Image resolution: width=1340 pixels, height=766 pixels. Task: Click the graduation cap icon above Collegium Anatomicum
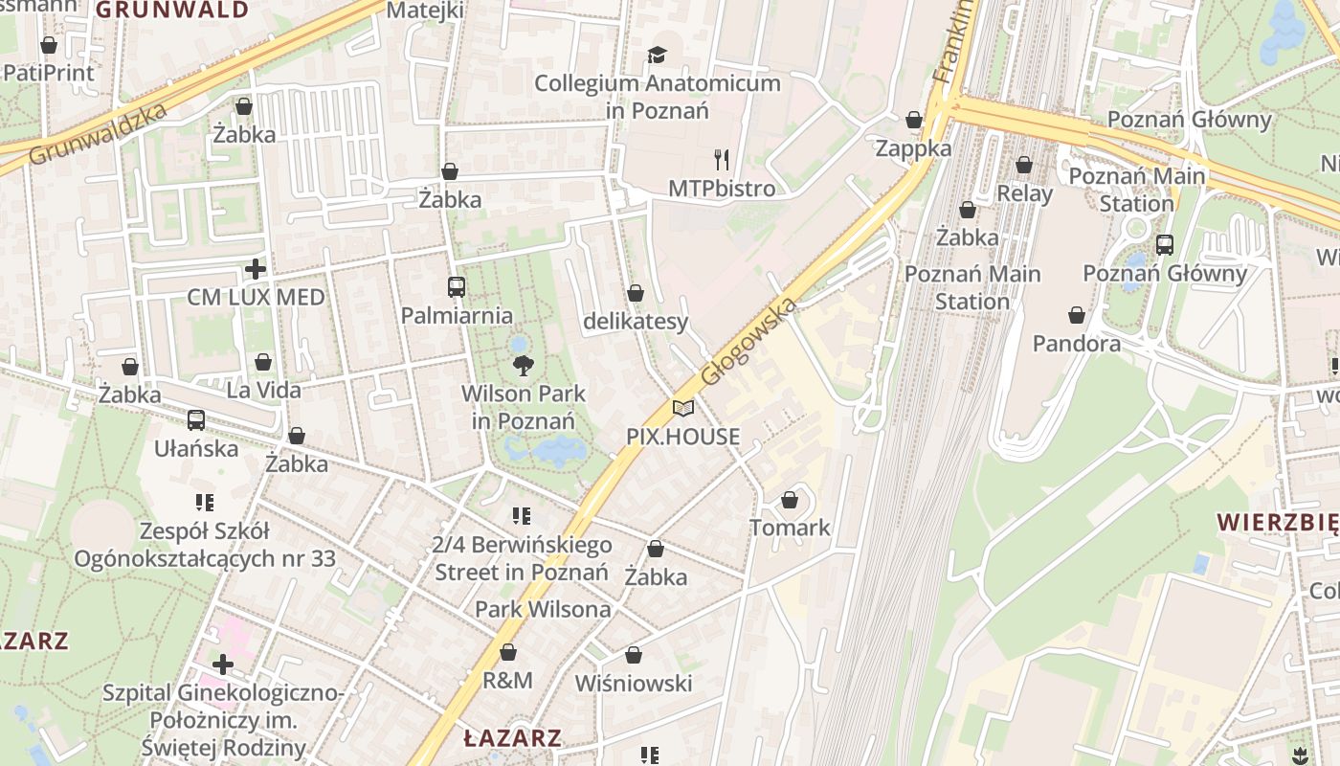657,55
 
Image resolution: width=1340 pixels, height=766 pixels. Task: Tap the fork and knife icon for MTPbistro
722,159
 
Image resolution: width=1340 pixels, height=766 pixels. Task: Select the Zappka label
913,148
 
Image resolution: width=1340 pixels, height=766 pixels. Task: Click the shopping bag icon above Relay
1024,165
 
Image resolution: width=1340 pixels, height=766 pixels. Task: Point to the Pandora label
1076,343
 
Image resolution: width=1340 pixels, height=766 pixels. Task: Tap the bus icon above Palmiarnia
456,286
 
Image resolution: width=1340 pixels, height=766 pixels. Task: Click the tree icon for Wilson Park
523,365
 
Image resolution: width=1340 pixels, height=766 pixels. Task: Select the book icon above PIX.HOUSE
682,409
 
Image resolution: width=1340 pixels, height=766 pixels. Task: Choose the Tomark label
790,528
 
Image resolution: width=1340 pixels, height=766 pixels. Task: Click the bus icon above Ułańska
196,419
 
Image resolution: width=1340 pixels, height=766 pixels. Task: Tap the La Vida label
263,390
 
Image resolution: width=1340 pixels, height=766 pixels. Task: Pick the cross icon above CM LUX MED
255,269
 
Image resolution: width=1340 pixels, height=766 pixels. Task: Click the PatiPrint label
49,73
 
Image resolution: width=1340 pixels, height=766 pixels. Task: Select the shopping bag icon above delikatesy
636,293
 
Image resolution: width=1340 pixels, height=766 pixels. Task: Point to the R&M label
507,681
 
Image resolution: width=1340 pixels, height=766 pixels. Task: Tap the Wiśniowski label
633,684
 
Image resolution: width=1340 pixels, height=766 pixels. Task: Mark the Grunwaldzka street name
99,132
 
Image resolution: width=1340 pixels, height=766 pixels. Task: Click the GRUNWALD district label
172,11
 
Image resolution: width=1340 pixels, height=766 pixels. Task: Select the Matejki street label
425,11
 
